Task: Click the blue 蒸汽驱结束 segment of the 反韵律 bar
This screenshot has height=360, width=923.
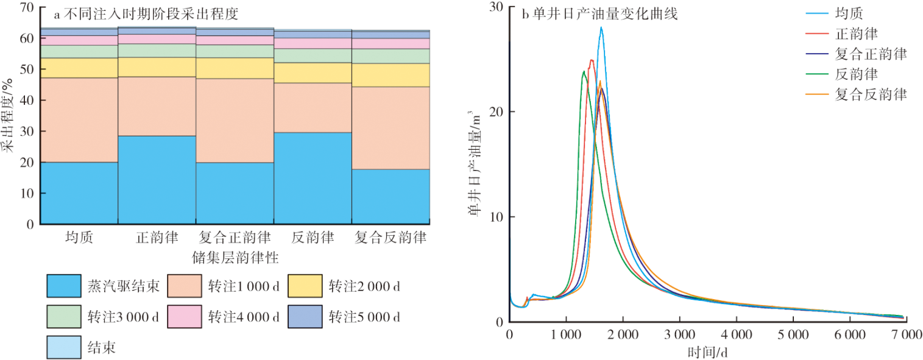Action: coord(313,178)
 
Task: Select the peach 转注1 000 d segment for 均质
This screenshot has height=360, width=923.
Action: coord(79,119)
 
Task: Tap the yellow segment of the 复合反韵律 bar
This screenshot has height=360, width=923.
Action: coord(391,75)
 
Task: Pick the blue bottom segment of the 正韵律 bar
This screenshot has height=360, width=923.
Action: coord(157,180)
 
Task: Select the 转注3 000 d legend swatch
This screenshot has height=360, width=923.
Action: coord(63,317)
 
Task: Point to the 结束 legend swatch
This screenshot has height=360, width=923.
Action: coord(63,347)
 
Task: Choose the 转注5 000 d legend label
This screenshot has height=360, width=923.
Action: coord(364,317)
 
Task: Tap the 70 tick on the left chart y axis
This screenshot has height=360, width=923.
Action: coord(25,8)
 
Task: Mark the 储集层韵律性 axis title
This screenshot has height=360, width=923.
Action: coord(235,258)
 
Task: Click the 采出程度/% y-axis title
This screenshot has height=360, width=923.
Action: coord(8,116)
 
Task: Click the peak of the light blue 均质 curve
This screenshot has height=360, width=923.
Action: coord(601,27)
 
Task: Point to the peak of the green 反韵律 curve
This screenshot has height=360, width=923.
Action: coord(584,71)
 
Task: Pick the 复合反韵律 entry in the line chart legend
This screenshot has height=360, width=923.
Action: coord(872,94)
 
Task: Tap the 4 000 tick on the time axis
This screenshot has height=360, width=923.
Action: coord(736,335)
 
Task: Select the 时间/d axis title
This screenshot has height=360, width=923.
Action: coord(709,352)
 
